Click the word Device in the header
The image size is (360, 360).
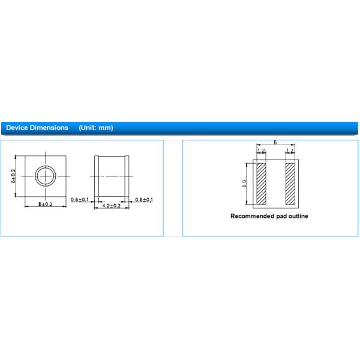17,128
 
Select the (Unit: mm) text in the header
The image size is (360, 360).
96,128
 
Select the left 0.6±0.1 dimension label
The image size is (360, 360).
80,199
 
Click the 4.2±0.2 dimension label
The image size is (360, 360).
112,205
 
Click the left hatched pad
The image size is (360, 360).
261,183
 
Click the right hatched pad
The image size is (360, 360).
290,183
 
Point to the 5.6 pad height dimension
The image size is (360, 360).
245,183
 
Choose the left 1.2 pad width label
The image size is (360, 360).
261,151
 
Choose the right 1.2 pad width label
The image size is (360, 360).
290,151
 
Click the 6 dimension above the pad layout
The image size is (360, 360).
275,143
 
